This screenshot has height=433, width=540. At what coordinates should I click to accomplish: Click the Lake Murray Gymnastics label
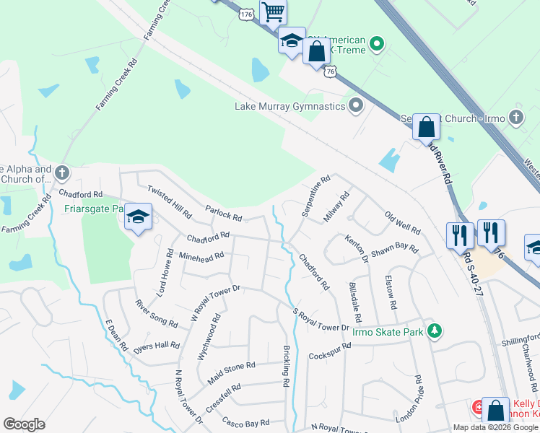pos(290,107)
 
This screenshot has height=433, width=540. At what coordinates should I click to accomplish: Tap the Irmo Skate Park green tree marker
pos(434,331)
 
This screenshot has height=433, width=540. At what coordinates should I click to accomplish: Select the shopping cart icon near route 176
pos(273,12)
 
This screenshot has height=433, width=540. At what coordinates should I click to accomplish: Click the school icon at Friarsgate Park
pos(139,216)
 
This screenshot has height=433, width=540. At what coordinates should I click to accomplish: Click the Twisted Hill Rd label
pos(169,201)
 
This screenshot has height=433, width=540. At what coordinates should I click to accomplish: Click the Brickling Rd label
pos(287,359)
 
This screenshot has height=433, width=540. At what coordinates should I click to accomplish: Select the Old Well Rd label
pos(402,223)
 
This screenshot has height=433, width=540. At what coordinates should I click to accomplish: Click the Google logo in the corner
pos(24,424)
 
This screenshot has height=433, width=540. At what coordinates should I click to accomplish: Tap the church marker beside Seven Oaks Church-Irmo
pos(515,117)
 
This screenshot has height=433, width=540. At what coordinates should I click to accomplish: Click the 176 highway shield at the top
pos(247,14)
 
